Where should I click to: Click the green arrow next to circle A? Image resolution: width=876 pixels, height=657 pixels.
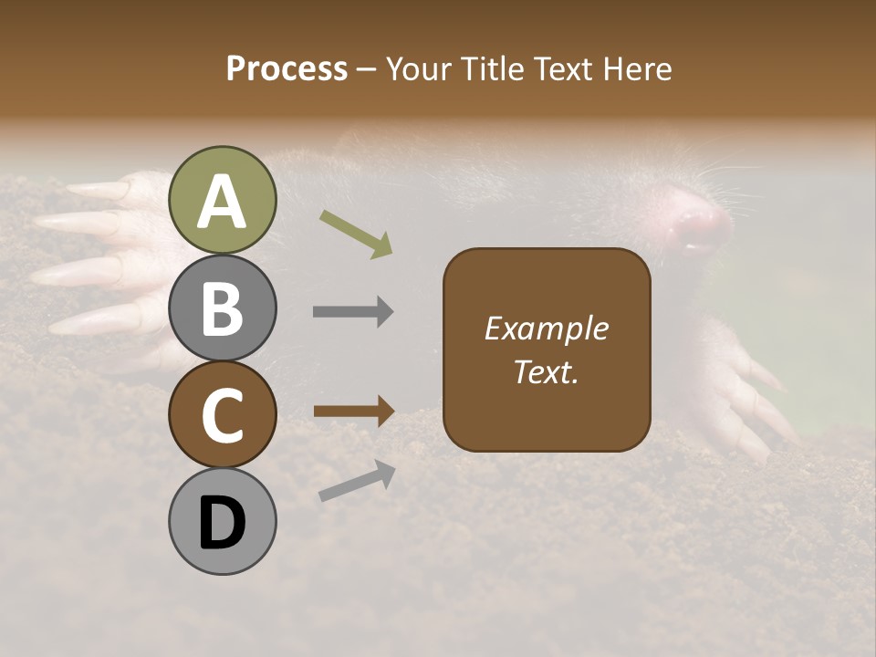point(356,234)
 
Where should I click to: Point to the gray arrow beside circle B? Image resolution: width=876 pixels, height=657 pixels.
point(353,312)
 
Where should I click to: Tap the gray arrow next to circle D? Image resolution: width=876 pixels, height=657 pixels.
point(357,482)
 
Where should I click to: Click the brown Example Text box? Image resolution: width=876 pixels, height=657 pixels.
point(547,350)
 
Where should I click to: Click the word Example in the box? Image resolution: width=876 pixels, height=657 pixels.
point(547,328)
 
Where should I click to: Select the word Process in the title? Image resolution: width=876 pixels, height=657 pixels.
point(287,68)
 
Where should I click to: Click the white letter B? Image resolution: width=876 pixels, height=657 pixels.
point(222,308)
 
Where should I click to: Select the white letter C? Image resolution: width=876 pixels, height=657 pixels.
point(222,415)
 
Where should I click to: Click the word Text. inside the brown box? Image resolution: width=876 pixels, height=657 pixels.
point(547,371)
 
